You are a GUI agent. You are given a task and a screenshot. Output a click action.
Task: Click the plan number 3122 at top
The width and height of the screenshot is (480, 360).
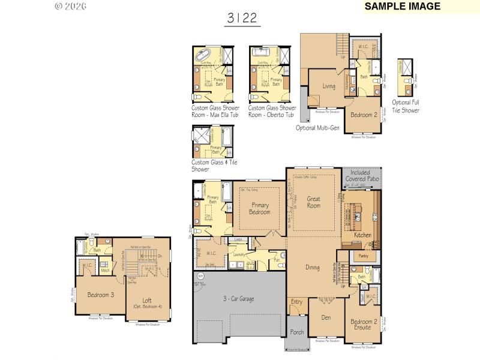242,18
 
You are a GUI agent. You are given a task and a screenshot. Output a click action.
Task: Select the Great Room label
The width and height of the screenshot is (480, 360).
314,202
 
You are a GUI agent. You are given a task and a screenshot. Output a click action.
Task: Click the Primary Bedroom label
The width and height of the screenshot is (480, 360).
260,208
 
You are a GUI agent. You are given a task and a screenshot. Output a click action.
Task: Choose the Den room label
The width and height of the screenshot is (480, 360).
326,317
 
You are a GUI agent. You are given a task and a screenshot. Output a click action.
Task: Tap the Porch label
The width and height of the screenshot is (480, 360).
296,331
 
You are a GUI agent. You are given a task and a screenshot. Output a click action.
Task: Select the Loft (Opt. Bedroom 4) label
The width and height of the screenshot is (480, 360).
146,304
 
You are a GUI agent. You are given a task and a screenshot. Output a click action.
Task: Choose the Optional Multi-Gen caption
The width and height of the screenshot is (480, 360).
318,127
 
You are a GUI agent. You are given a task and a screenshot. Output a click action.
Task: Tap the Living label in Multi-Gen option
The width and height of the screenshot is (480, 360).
328,86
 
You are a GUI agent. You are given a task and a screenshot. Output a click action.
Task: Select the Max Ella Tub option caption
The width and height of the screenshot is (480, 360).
215,111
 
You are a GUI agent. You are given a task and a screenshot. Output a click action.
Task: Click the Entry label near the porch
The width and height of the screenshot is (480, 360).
296,302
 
